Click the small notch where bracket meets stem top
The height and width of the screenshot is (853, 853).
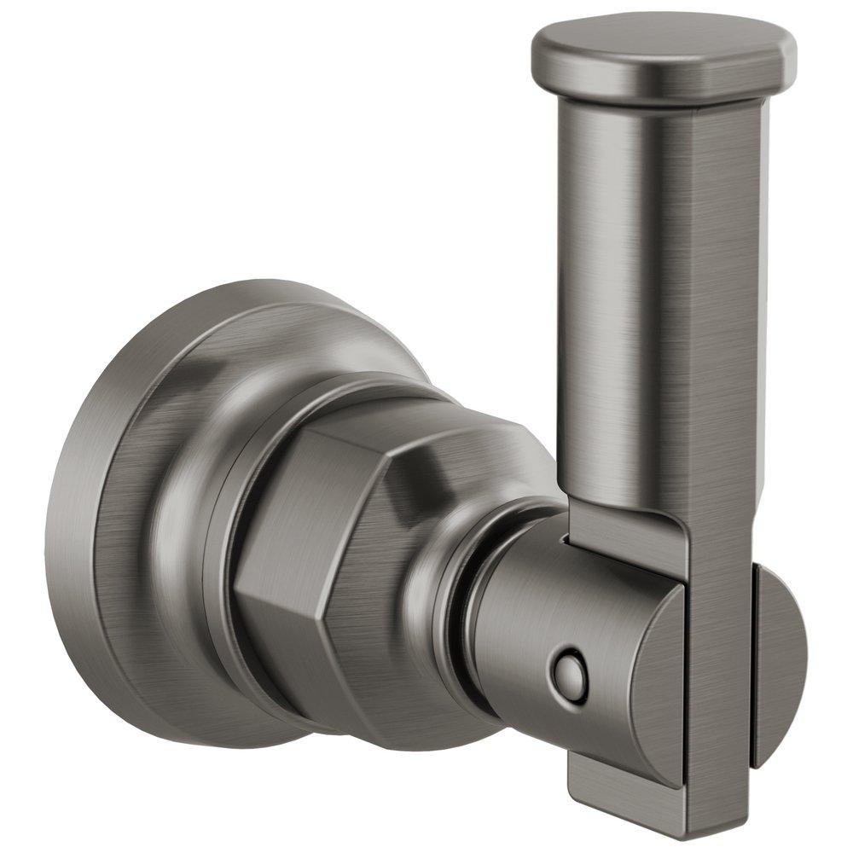(x=566, y=539)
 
